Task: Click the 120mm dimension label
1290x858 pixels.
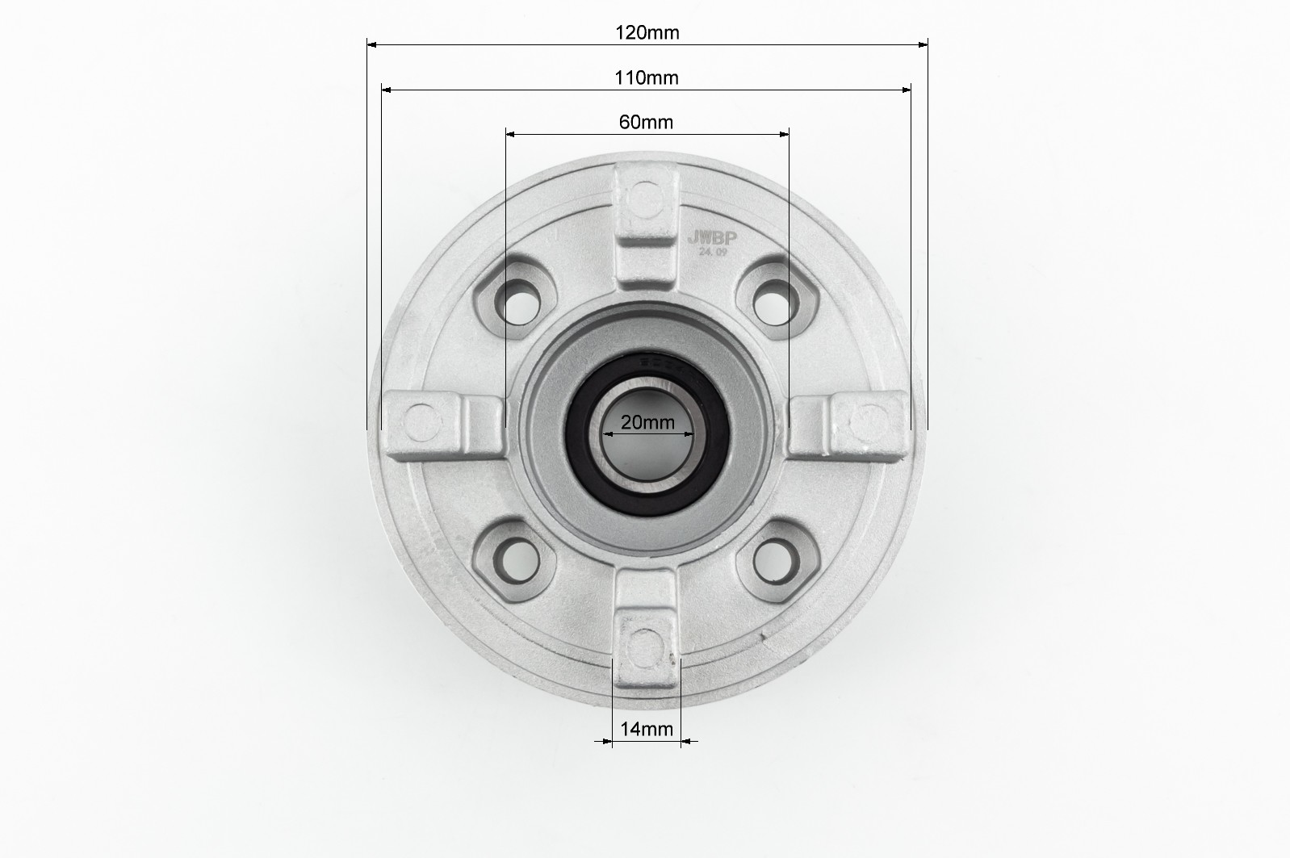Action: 647,33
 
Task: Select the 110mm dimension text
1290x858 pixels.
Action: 647,77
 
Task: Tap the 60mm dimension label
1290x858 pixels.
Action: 646,122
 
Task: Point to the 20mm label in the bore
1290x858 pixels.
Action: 648,423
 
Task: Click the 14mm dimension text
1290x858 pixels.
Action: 647,730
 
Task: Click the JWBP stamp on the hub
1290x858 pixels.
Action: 712,238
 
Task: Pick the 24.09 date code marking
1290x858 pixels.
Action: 714,252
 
